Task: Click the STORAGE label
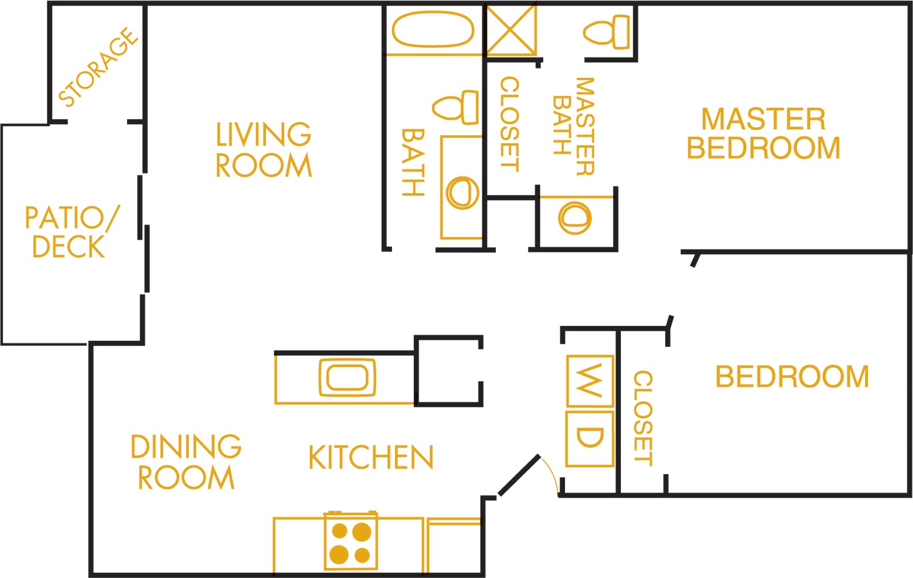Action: tap(98, 68)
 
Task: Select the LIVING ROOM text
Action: tap(264, 150)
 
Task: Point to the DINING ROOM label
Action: tap(186, 462)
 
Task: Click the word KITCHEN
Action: tap(371, 458)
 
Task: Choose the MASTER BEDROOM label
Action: tap(763, 134)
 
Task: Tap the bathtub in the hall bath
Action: tap(433, 29)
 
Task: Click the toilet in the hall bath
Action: tap(457, 107)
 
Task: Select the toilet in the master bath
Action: tap(607, 31)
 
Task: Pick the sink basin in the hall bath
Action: tap(462, 193)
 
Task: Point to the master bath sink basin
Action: tap(575, 218)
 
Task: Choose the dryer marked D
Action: tap(589, 438)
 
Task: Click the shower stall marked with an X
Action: tap(511, 30)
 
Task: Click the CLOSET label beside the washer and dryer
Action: tap(643, 418)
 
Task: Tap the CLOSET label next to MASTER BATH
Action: tap(510, 124)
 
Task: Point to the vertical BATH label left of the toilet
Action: tap(413, 162)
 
